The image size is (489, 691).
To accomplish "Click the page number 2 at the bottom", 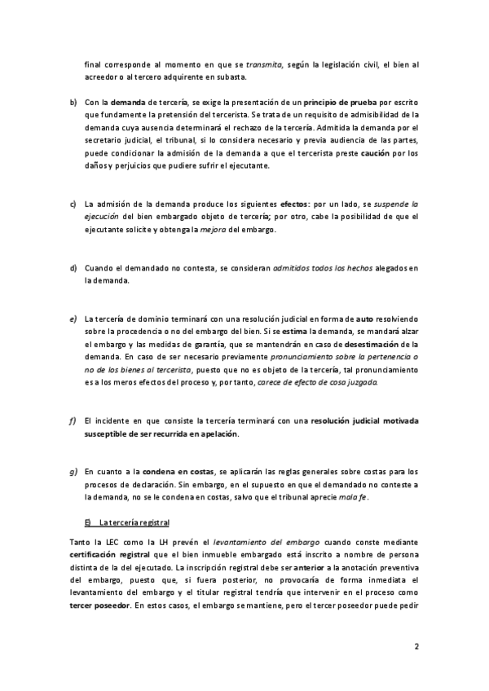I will point(416,648).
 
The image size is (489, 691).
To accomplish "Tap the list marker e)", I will point(73,319).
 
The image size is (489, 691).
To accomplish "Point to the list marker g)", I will point(73,471).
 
